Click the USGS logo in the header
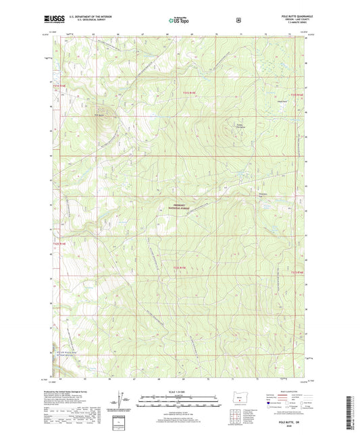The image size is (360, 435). click(54, 20)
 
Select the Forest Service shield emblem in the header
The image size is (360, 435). click(238, 20)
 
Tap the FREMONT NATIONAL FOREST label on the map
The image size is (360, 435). click(180, 209)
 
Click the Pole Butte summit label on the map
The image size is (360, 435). click(99, 115)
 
